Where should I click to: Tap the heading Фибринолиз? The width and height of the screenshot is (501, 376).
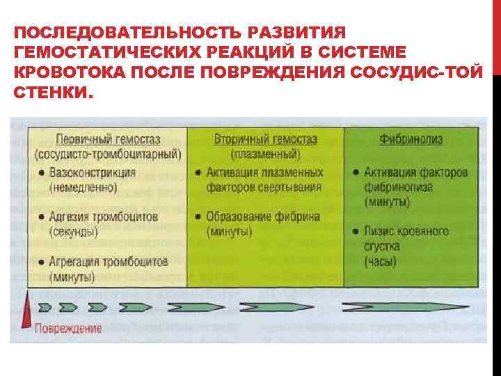click(x=410, y=139)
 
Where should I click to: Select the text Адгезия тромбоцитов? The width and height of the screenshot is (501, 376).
click(x=104, y=217)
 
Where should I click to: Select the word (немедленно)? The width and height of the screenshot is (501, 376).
click(x=82, y=187)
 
